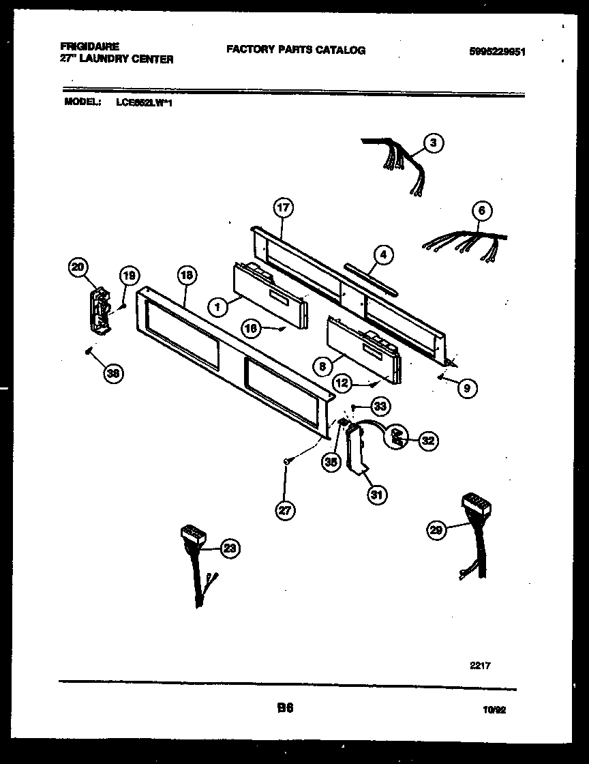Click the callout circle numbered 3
(x=433, y=143)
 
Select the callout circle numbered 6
(x=481, y=211)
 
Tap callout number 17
(x=283, y=207)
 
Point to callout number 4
(x=383, y=255)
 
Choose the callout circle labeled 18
(x=186, y=276)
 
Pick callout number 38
(x=114, y=372)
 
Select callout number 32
(x=427, y=441)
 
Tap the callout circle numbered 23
(x=230, y=547)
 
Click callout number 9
(x=466, y=388)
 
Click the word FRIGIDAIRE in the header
(x=89, y=46)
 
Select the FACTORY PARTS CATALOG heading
(x=295, y=50)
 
